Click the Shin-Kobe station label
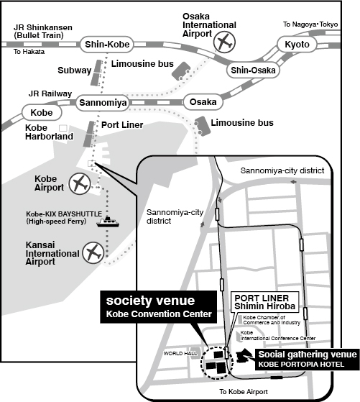(x=107, y=45)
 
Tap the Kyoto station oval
(x=297, y=45)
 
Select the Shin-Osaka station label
(x=253, y=70)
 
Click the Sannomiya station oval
(x=103, y=103)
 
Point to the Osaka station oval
(x=203, y=102)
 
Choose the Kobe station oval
(x=42, y=113)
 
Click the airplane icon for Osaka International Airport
(x=224, y=42)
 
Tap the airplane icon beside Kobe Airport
(x=80, y=183)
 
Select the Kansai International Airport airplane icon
(x=93, y=253)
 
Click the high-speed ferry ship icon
(x=108, y=222)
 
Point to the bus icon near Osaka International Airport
(x=181, y=70)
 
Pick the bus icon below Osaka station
(x=203, y=126)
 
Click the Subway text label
(x=74, y=70)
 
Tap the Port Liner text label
(x=122, y=125)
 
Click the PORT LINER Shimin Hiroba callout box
(x=265, y=302)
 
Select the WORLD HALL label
(x=180, y=353)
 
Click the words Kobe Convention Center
(x=159, y=314)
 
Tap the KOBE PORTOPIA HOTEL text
(x=301, y=365)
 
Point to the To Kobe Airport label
(x=244, y=391)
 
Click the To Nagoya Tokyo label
(x=310, y=24)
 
